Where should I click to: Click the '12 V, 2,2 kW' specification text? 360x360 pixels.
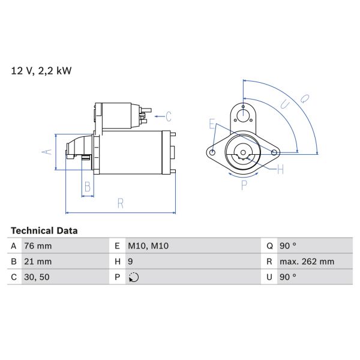coord(41,71)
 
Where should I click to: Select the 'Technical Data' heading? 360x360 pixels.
coord(44,230)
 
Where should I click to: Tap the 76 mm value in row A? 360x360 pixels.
coord(38,246)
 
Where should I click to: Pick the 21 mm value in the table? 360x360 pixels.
coord(38,262)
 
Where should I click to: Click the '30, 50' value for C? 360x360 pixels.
coord(37,277)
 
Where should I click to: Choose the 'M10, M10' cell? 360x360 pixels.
coord(148,246)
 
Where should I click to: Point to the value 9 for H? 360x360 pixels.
coord(130,262)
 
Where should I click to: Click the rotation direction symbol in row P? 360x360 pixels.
coord(133,277)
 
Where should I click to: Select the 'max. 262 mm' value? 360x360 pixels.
coord(308,262)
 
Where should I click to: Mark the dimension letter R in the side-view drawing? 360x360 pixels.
coord(120,203)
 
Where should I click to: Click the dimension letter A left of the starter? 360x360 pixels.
coord(47,151)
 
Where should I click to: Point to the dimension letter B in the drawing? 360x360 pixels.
coord(88,187)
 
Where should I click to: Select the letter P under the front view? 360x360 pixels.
coord(244,185)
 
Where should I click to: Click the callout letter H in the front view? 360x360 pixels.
coord(280,170)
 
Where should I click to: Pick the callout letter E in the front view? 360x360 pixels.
coord(212,124)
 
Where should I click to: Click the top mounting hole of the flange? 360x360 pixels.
coord(243,115)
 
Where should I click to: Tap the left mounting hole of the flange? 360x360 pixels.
coord(213,152)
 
